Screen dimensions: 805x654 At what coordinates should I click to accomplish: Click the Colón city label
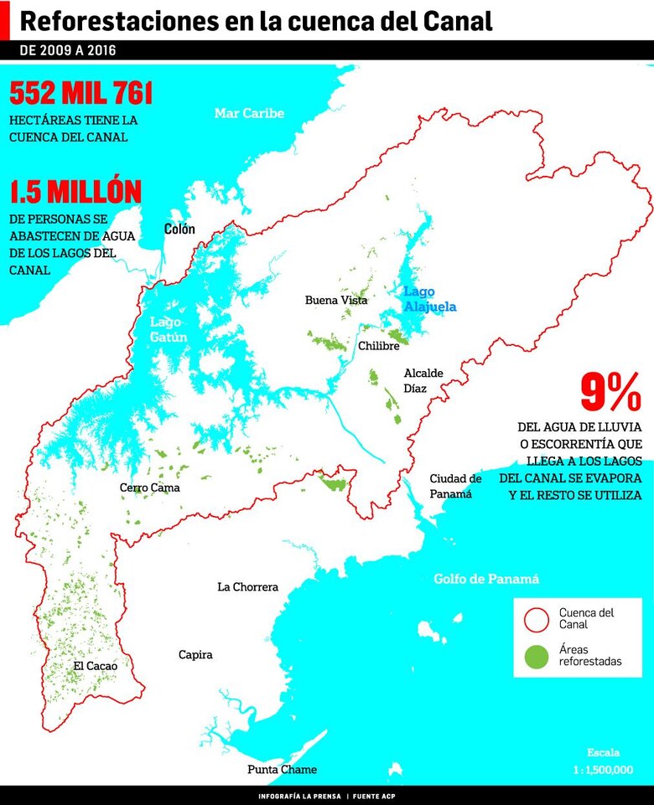(179, 229)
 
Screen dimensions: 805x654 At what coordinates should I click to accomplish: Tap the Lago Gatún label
(169, 329)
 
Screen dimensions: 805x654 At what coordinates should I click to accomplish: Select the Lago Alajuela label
(429, 299)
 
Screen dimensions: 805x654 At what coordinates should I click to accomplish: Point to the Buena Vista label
(336, 300)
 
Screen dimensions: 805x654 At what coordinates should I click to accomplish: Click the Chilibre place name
(378, 346)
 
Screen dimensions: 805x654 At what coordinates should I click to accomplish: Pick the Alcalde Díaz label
(423, 380)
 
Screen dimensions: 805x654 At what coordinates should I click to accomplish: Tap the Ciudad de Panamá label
(455, 486)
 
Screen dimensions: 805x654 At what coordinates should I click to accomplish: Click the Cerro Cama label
(149, 488)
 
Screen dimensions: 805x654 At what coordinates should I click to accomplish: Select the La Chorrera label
(247, 587)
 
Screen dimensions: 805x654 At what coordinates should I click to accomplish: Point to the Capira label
(195, 655)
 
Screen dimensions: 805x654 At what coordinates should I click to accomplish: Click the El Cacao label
(95, 666)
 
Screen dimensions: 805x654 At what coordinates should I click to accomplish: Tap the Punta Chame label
(282, 770)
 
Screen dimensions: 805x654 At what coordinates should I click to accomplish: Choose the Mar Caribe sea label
(249, 113)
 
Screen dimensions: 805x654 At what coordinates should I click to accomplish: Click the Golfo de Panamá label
(486, 579)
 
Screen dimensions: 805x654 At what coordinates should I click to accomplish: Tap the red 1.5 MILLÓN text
(75, 192)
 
